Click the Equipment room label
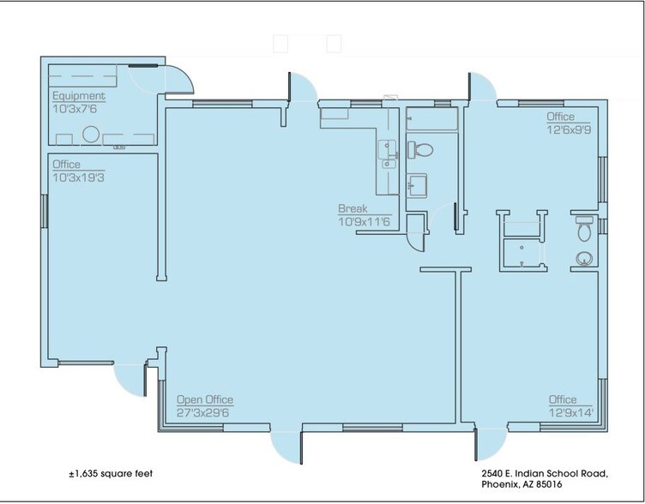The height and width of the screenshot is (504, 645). coord(79,96)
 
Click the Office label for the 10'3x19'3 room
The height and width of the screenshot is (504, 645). coord(67,165)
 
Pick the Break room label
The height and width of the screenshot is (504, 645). coord(353,209)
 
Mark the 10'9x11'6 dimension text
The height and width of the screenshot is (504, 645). coord(365,222)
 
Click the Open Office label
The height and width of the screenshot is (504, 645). coord(204,400)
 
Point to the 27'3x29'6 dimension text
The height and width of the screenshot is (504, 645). coord(205,412)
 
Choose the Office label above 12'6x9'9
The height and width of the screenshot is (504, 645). coord(561,117)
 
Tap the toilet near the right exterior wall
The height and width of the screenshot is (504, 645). coord(584,229)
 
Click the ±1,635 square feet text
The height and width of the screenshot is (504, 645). coord(112,472)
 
